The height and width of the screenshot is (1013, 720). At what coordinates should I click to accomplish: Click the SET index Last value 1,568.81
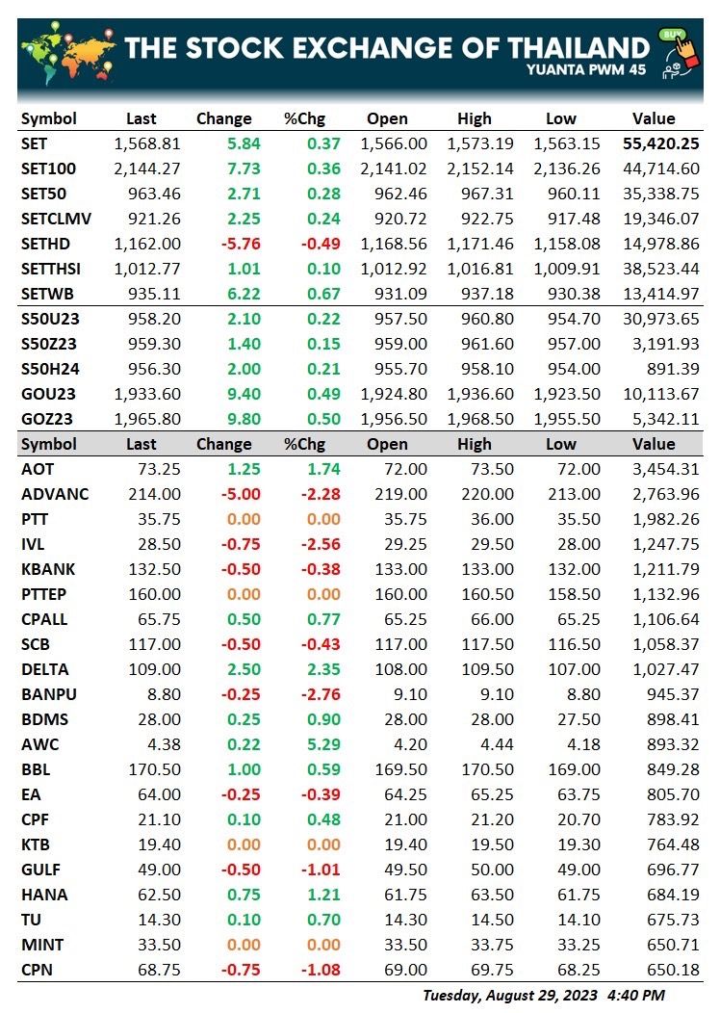coord(147,143)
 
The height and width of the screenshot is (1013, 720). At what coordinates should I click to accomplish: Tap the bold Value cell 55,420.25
coord(660,143)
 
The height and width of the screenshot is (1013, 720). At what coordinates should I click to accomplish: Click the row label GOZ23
coord(46,419)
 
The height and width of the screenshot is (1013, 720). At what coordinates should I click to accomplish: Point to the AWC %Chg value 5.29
coord(323,744)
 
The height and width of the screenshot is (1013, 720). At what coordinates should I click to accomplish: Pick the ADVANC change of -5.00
coord(241,494)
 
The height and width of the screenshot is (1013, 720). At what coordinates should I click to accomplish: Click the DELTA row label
coord(44,669)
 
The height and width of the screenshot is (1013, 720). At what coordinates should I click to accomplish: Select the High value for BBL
coord(487,769)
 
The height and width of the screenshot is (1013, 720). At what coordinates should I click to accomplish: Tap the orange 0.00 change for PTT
coord(244,519)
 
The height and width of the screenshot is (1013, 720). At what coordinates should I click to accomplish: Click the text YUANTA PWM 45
coord(585,69)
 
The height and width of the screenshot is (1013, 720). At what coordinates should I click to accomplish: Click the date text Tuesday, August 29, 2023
coord(509,996)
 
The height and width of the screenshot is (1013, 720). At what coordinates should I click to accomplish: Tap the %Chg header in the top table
coord(304,118)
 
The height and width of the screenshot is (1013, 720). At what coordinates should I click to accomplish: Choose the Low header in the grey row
coord(560,445)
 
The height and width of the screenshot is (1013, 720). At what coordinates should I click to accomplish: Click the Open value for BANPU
coord(410,694)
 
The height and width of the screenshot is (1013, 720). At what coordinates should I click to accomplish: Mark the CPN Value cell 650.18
coord(673,970)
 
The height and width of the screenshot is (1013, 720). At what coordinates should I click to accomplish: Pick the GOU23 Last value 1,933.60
coord(147,394)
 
